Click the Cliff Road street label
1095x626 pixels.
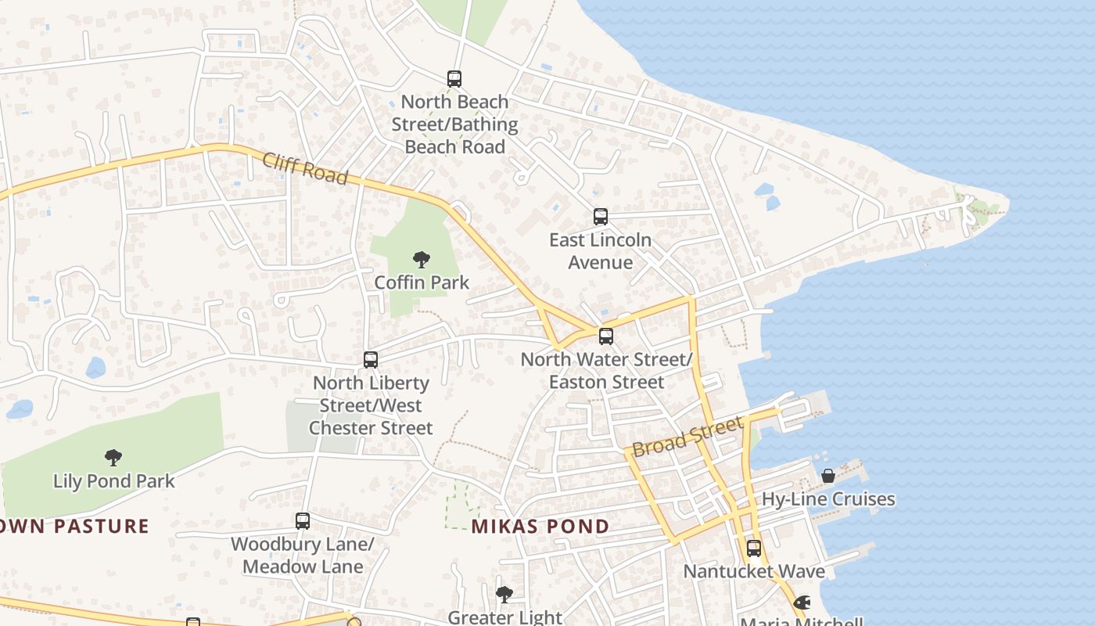coord(305,168)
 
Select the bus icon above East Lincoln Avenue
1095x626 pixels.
coord(600,217)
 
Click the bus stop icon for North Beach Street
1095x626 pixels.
coord(454,79)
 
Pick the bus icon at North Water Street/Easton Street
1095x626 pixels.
coord(606,336)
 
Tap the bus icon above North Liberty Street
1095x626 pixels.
coord(371,360)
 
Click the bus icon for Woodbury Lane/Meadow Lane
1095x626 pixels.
coord(303,521)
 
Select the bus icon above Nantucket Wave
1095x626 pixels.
coord(754,549)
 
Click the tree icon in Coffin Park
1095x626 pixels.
coord(422,259)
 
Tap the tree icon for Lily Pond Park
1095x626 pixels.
coord(113,457)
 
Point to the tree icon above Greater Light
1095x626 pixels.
coord(504,595)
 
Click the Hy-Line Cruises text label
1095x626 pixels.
coord(828,499)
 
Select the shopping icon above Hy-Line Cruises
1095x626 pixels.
coord(828,476)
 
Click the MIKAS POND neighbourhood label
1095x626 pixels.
coord(540,527)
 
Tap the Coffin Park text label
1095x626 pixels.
coord(422,282)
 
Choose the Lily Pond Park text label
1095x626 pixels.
coord(114,480)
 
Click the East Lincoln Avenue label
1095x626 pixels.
coord(600,250)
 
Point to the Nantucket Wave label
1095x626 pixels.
coord(754,571)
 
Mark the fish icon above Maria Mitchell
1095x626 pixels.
coord(802,603)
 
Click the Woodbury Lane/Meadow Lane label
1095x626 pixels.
coord(303,555)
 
